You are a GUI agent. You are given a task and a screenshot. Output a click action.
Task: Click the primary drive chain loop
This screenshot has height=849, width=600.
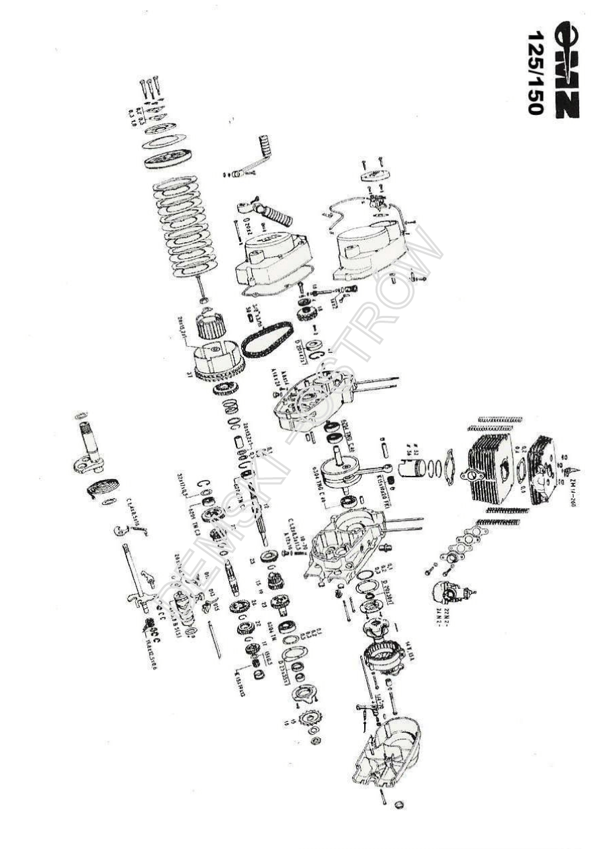267,339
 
